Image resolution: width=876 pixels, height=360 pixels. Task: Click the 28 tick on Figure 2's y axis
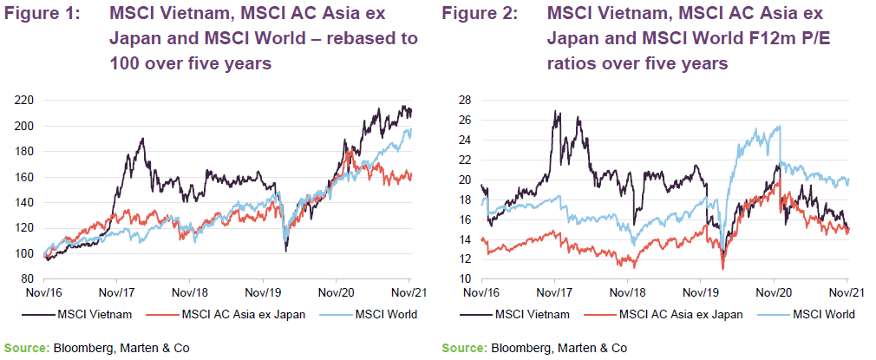[463, 100]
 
